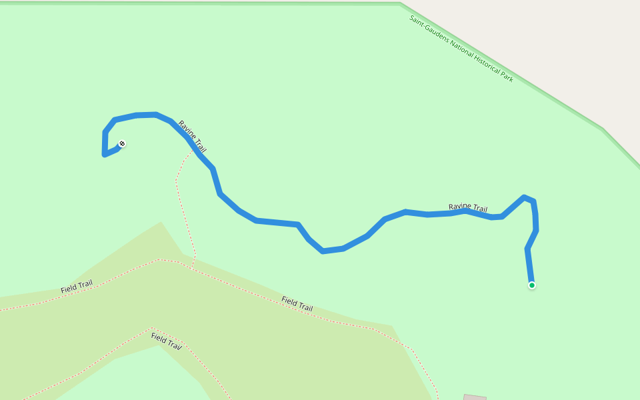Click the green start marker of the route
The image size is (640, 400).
(532, 285)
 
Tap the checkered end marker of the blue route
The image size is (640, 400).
(122, 143)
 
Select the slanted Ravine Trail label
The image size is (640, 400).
(192, 137)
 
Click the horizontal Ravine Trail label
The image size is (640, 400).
(468, 208)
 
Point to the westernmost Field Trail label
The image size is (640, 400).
(77, 287)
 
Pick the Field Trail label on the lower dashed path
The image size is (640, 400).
(166, 341)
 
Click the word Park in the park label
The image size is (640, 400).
(507, 77)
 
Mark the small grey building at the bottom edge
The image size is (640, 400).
(475, 397)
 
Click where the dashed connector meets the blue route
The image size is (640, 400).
(193, 148)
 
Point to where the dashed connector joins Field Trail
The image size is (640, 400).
(192, 268)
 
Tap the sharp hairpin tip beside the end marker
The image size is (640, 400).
(105, 155)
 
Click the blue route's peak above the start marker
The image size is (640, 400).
(525, 197)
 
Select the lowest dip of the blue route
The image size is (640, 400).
(323, 251)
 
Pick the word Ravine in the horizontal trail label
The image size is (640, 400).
(459, 207)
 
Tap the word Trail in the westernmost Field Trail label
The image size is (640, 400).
(85, 285)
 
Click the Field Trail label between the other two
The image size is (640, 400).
(297, 304)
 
